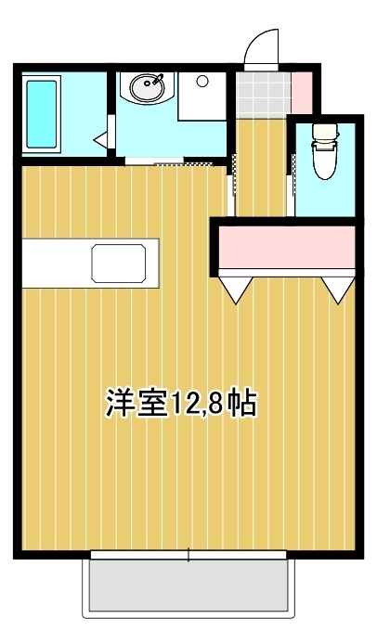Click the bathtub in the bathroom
[41, 114]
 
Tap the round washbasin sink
[148, 87]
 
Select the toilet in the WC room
[325, 151]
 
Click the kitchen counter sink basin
[119, 264]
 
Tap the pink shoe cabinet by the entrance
[302, 93]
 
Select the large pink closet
[287, 247]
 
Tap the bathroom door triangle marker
[101, 139]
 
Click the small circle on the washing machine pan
[201, 81]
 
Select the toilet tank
[325, 132]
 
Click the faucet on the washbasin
[158, 79]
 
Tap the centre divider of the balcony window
[188, 555]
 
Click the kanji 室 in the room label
[151, 403]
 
